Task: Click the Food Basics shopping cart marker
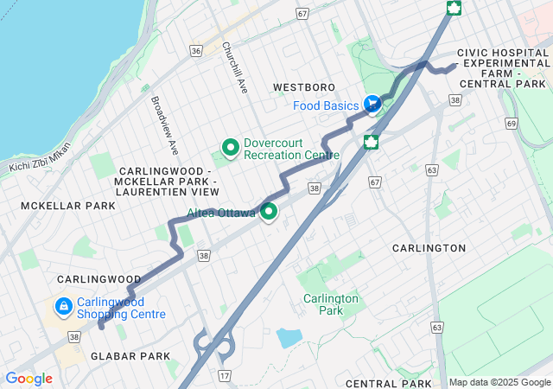click(372, 105)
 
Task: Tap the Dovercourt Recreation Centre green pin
click(231, 148)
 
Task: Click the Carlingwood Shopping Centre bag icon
click(63, 307)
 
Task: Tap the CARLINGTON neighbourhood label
click(429, 248)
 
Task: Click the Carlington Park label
click(330, 304)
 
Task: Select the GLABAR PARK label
click(117, 356)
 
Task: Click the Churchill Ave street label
click(235, 65)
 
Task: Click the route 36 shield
click(196, 51)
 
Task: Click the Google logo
click(29, 379)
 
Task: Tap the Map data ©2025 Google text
click(499, 382)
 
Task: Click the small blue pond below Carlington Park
click(289, 338)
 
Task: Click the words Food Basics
click(325, 105)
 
